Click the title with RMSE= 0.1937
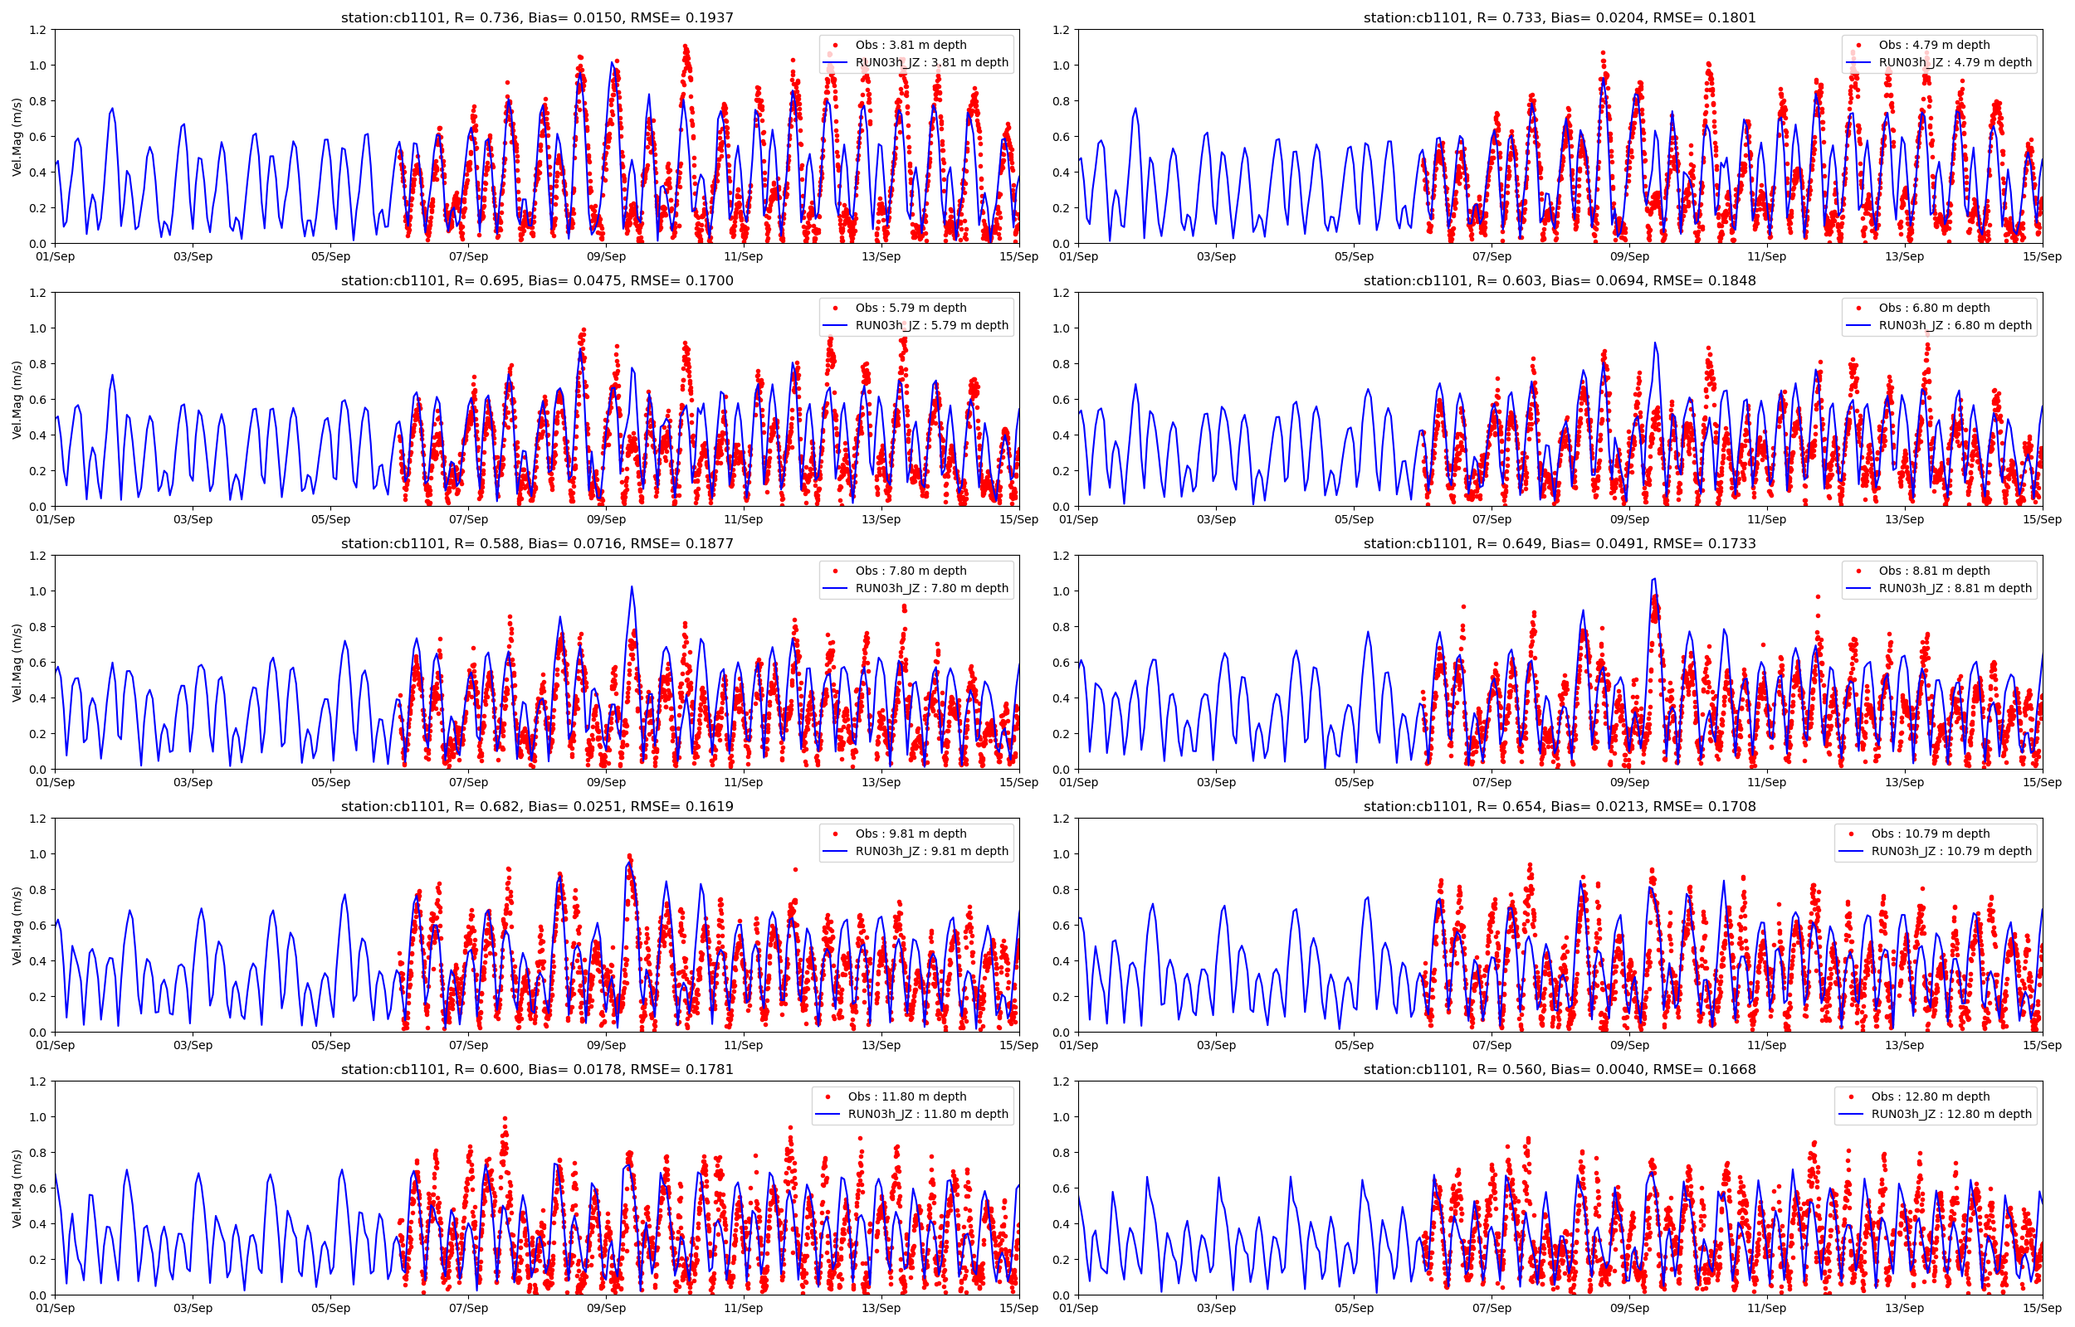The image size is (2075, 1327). click(x=536, y=17)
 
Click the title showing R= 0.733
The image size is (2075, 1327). click(x=1559, y=17)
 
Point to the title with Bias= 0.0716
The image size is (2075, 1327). click(x=536, y=543)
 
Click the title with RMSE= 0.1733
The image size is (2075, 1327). click(x=1559, y=543)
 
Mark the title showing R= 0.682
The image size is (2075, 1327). click(x=536, y=806)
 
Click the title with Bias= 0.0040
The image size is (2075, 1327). click(x=1559, y=1069)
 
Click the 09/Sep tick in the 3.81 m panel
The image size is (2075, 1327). click(x=606, y=256)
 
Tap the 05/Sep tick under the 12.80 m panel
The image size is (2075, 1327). click(x=1354, y=1308)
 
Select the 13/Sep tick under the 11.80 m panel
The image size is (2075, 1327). click(x=881, y=1308)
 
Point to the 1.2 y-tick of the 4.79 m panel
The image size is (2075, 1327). click(x=1062, y=30)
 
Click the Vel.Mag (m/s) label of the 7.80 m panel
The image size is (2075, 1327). click(x=17, y=663)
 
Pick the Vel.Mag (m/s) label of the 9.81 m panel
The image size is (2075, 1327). click(x=17, y=926)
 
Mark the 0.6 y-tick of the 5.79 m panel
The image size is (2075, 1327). click(x=38, y=400)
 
